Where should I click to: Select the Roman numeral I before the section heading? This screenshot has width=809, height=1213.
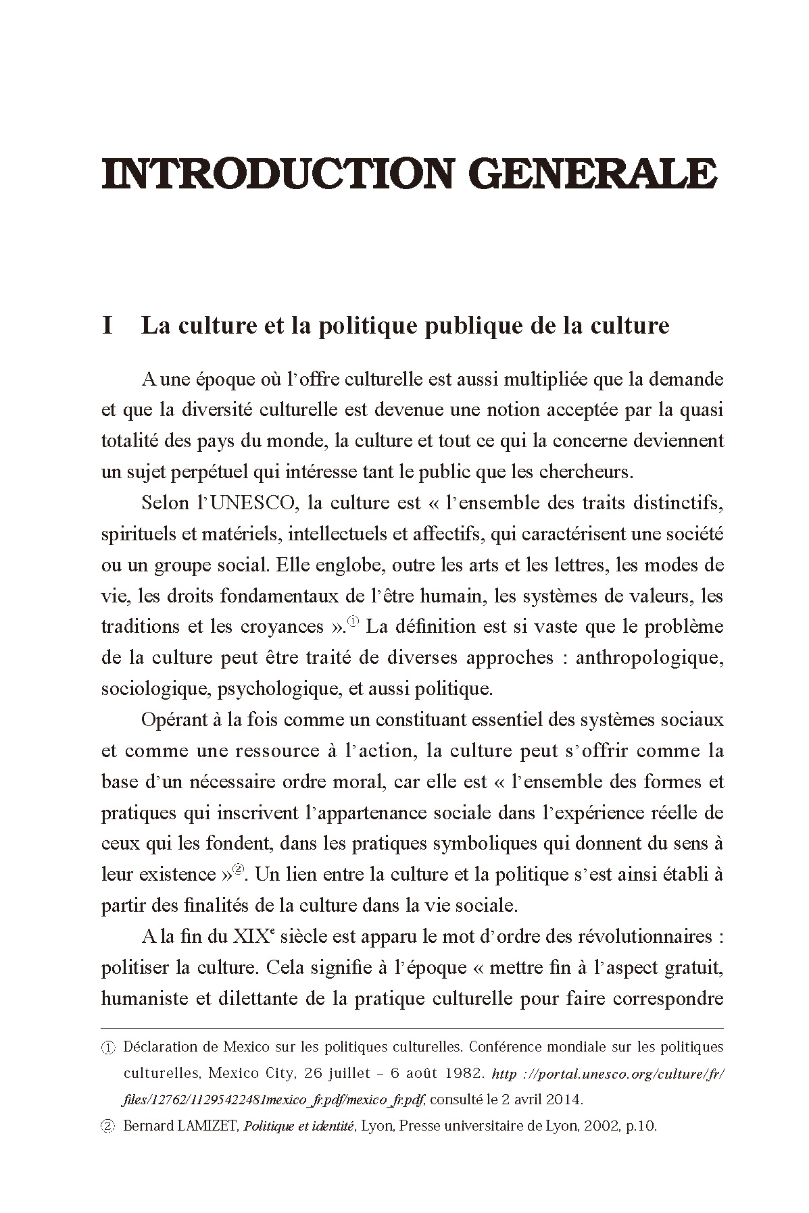pos(106,326)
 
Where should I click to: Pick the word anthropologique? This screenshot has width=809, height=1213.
pos(649,657)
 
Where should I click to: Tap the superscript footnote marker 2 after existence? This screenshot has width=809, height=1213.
pos(237,869)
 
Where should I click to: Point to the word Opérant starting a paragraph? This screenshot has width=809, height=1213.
pos(175,720)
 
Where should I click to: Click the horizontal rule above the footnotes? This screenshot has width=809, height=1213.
pos(412,1028)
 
